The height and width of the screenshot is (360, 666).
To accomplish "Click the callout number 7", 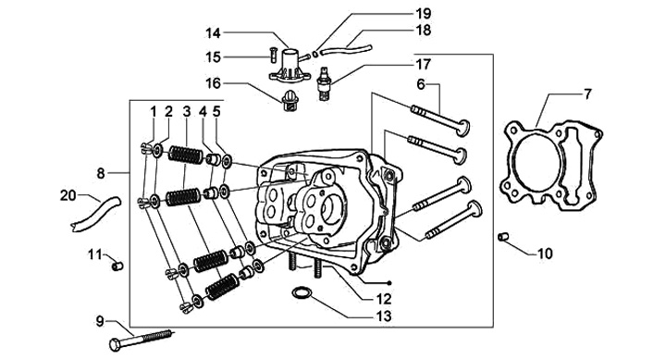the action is [x=587, y=94].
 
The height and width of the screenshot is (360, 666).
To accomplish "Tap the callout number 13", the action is [x=384, y=317].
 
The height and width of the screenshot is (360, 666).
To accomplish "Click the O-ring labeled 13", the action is [x=302, y=292].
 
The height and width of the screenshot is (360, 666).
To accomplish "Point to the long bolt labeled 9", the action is [x=141, y=339].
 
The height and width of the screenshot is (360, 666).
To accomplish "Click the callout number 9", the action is [x=100, y=321].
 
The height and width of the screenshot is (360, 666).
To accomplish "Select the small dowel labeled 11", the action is [x=117, y=267].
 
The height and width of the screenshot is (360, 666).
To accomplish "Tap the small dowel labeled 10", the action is [x=503, y=236].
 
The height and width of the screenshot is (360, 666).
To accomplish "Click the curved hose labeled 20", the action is [x=95, y=215].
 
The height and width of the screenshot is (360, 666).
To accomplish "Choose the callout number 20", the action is [x=68, y=196].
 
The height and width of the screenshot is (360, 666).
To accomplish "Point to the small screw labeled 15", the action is [x=273, y=55].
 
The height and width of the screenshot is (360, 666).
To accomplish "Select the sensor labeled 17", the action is [x=324, y=83].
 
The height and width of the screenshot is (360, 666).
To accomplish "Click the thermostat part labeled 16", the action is [x=291, y=103].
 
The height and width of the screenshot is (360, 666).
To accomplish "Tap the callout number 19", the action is [x=423, y=13].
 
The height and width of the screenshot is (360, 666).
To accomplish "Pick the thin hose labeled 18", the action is [x=346, y=50].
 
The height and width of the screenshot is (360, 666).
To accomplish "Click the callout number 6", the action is [x=421, y=84].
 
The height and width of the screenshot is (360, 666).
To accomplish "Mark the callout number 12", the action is [x=384, y=299].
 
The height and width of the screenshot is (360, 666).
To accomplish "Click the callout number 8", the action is [x=100, y=173].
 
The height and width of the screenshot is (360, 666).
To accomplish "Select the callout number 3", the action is [x=187, y=112].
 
